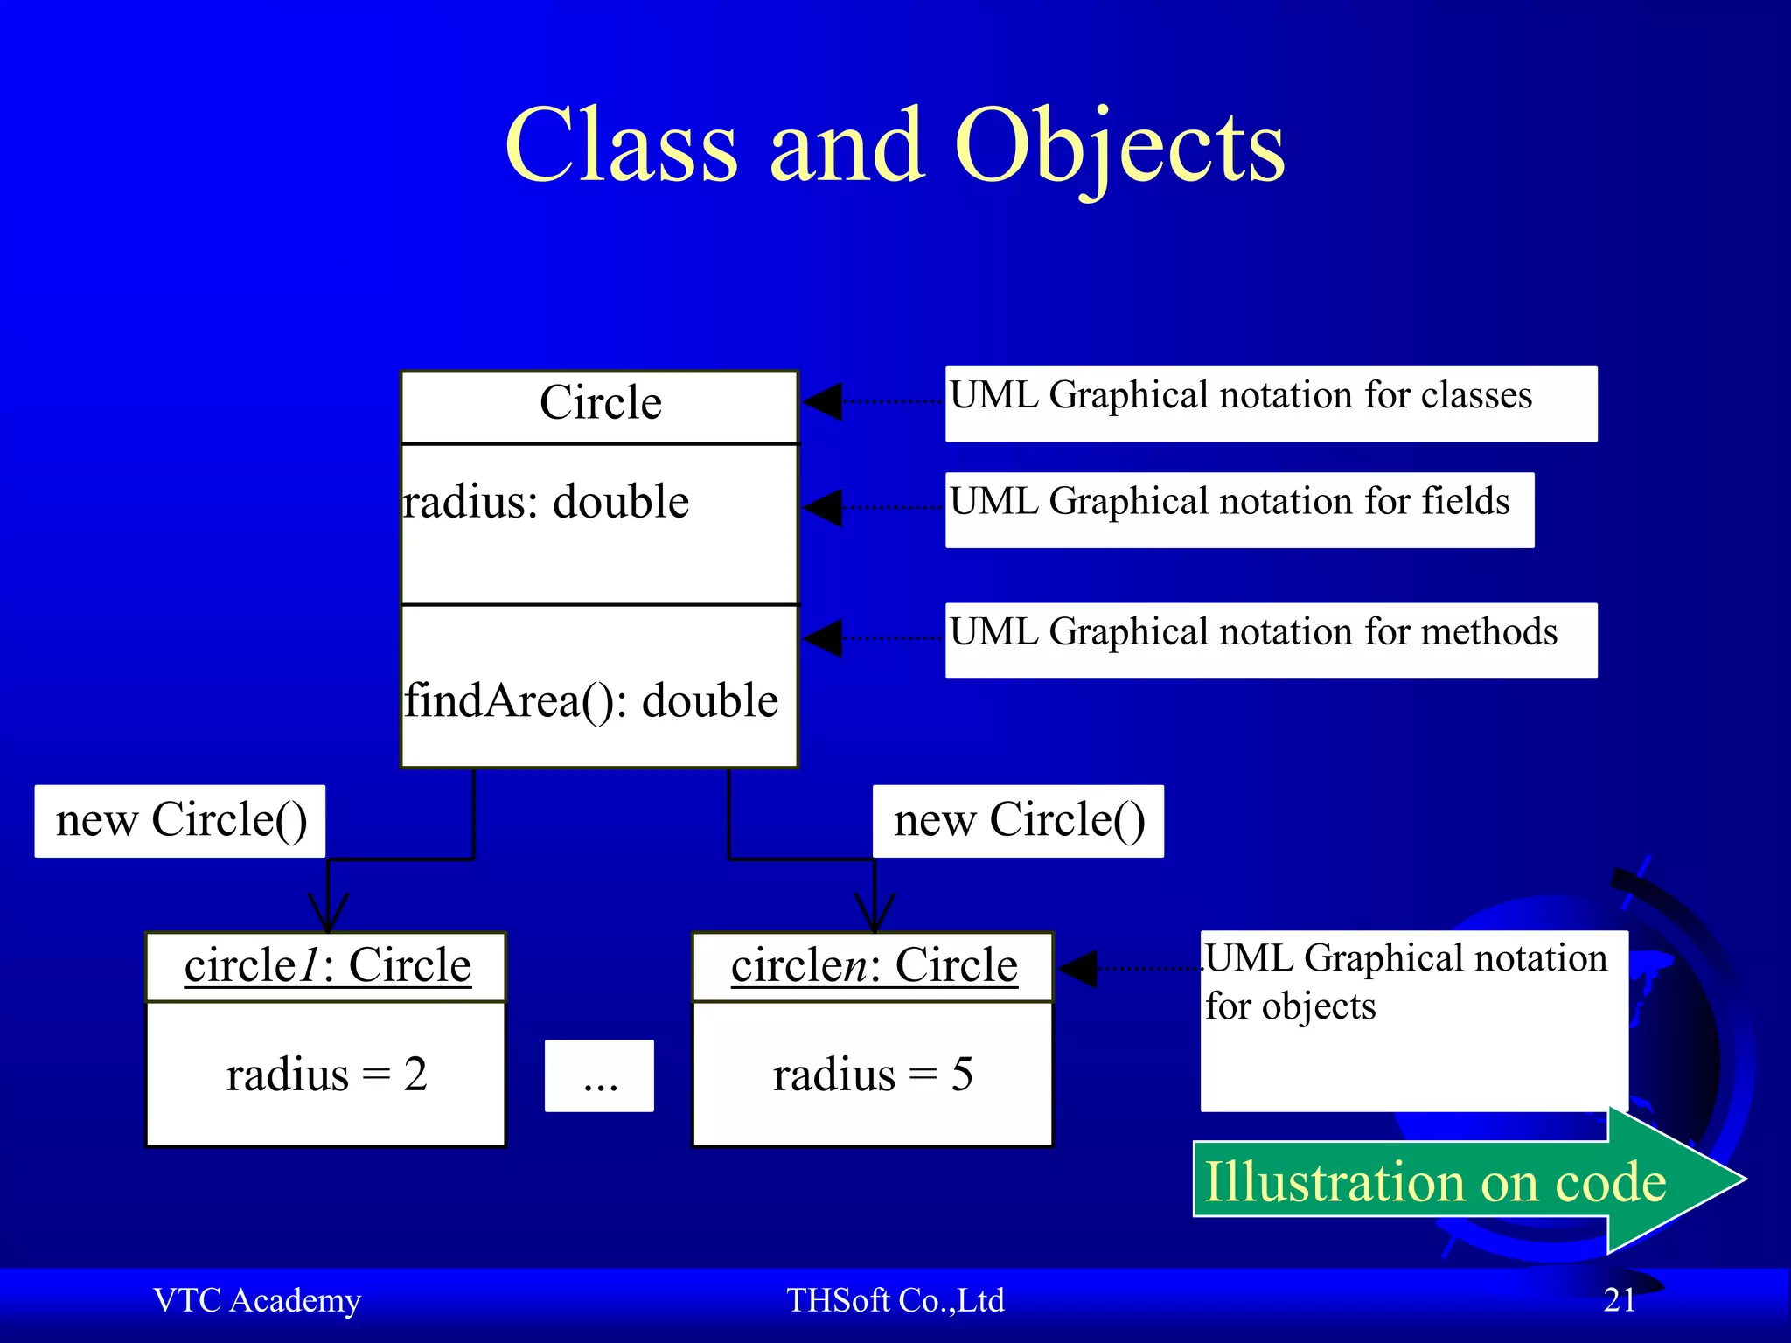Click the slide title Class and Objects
tap(895, 147)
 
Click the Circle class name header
tap(600, 404)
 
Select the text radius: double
tap(546, 503)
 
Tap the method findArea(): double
tap(591, 701)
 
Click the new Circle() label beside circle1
tap(180, 820)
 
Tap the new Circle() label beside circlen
tap(1018, 820)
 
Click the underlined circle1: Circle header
tap(327, 966)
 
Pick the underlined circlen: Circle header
tap(874, 966)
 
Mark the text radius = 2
tap(326, 1075)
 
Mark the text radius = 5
tap(873, 1075)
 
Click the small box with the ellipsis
tap(599, 1075)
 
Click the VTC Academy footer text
tap(256, 1300)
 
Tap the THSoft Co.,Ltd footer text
tap(895, 1300)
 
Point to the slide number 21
tap(1619, 1300)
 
